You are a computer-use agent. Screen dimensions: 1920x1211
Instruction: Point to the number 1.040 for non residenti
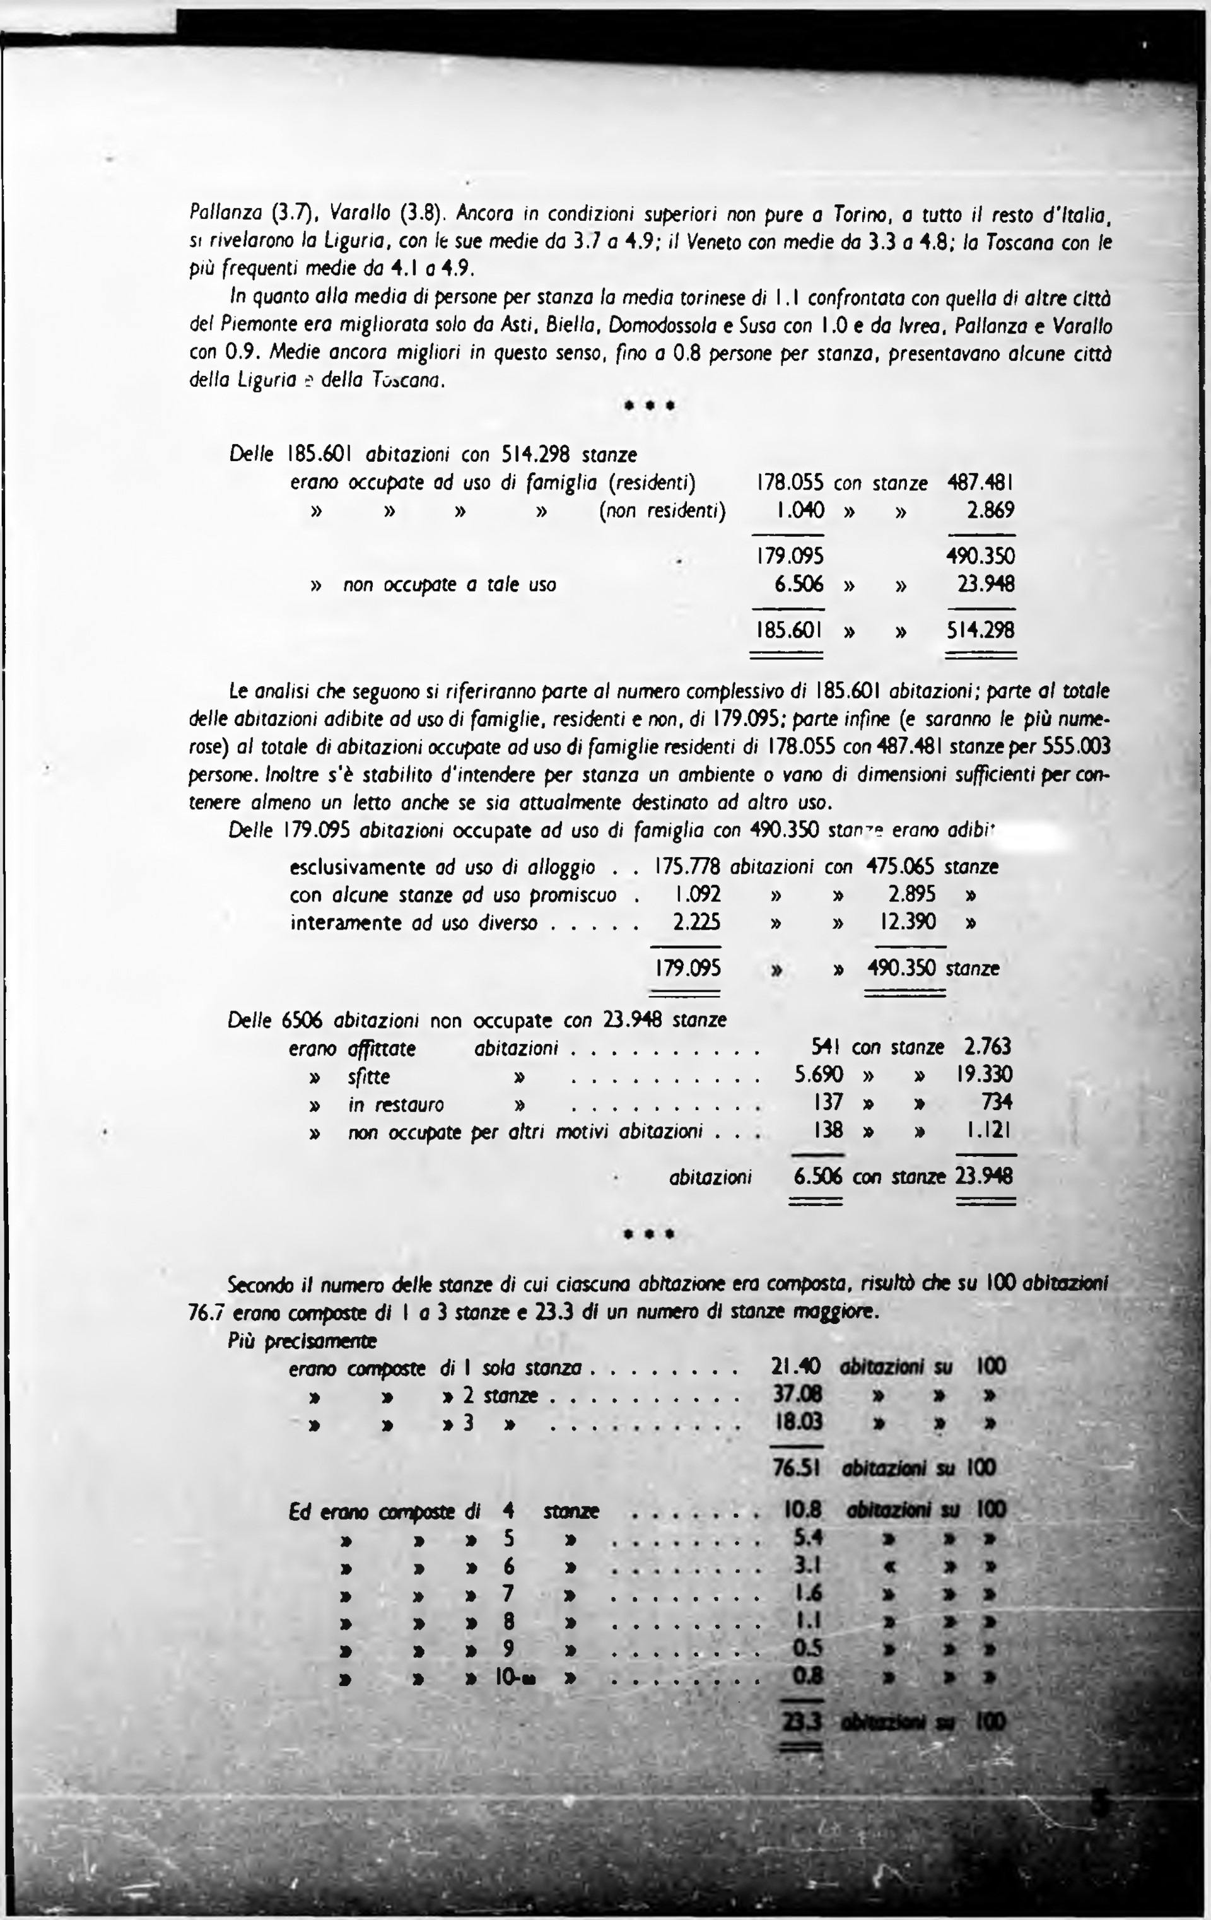click(800, 510)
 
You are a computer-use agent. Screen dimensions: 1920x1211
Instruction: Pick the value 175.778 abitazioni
click(686, 866)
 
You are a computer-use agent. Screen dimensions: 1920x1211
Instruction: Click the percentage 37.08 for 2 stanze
click(797, 1395)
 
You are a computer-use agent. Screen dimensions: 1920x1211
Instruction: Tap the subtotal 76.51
click(797, 1467)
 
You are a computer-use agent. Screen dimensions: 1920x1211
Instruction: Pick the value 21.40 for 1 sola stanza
click(797, 1367)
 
